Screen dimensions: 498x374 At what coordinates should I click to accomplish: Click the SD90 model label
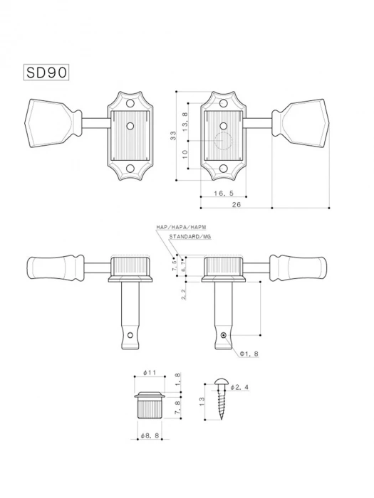tap(47, 73)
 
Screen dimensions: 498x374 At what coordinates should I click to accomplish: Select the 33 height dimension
tap(173, 137)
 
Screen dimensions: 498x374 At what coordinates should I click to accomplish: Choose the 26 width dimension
tap(236, 205)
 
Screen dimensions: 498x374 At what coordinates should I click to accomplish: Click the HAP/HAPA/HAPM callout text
tap(180, 227)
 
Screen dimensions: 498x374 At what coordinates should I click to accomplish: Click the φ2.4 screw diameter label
tap(240, 388)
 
